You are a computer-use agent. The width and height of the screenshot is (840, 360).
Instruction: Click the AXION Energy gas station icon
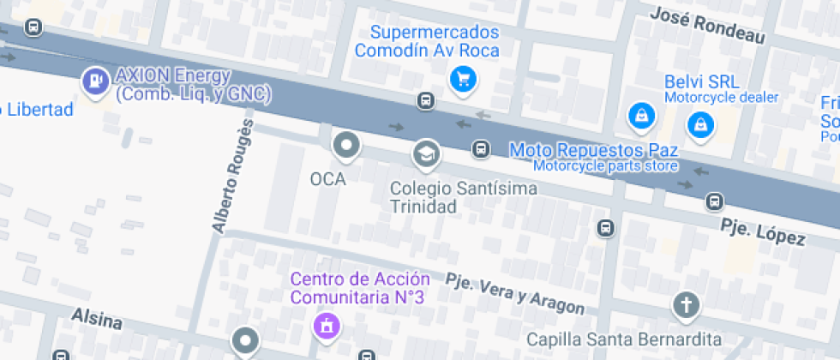(93, 82)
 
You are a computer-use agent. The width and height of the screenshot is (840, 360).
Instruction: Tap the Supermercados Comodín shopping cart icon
(463, 81)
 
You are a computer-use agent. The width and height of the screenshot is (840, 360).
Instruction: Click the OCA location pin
(346, 146)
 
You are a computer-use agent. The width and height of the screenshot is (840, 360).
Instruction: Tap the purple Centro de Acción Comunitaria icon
(326, 326)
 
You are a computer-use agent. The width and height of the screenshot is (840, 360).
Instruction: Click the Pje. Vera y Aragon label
(514, 293)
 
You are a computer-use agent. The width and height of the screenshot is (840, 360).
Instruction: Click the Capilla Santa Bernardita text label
(623, 339)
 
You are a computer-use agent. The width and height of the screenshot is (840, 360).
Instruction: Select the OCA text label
(327, 179)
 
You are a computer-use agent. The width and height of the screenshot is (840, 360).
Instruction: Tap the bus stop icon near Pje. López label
(713, 202)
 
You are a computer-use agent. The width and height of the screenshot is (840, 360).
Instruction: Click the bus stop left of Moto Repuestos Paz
(482, 149)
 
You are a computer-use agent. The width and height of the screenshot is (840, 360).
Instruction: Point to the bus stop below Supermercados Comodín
(425, 101)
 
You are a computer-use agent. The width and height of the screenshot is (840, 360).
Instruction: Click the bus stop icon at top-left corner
(33, 27)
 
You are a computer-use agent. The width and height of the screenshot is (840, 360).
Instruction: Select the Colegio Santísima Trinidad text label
(464, 196)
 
